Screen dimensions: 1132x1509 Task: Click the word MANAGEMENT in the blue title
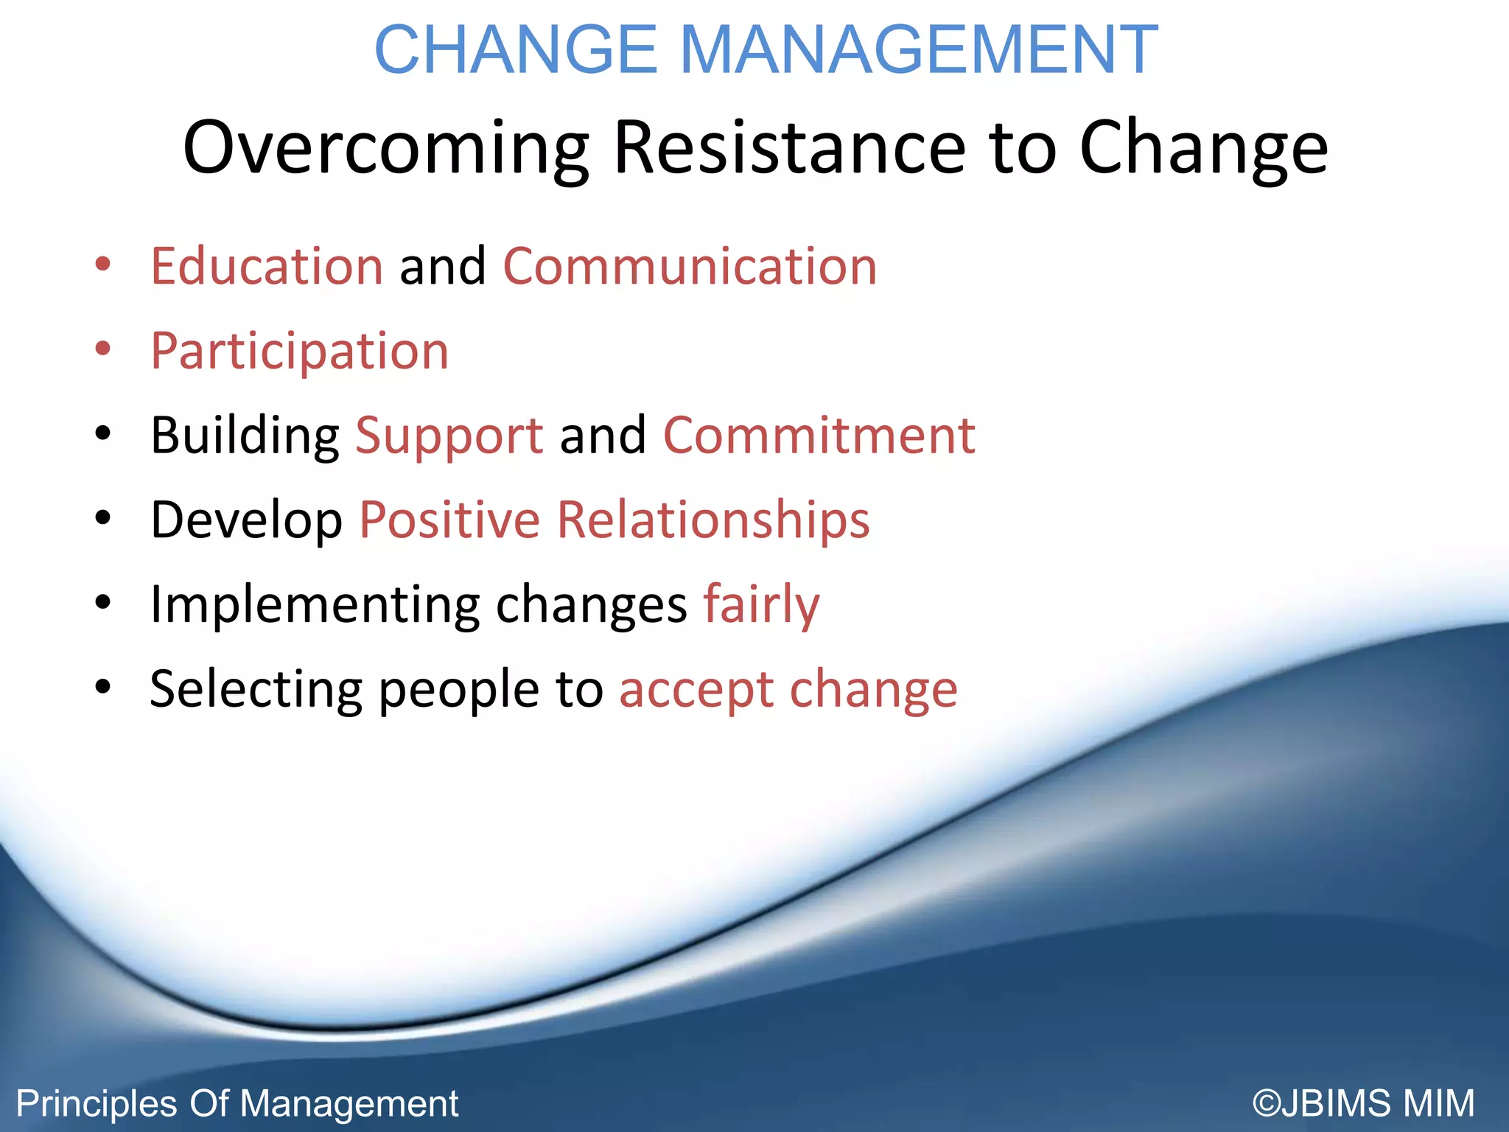point(918,50)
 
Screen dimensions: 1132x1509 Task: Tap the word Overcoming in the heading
point(385,148)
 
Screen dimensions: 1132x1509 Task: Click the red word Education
point(267,266)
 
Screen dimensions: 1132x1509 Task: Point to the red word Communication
point(690,266)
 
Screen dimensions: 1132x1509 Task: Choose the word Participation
point(299,352)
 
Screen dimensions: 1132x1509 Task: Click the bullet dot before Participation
point(103,349)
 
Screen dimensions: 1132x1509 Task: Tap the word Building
point(244,436)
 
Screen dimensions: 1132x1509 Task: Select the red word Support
point(449,437)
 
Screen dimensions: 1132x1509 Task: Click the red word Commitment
point(819,436)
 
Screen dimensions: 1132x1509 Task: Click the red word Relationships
point(713,520)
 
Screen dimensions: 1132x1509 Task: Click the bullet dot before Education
point(103,264)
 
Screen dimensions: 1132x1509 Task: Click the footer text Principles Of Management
point(237,1103)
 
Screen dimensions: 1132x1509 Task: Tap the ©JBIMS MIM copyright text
point(1363,1103)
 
